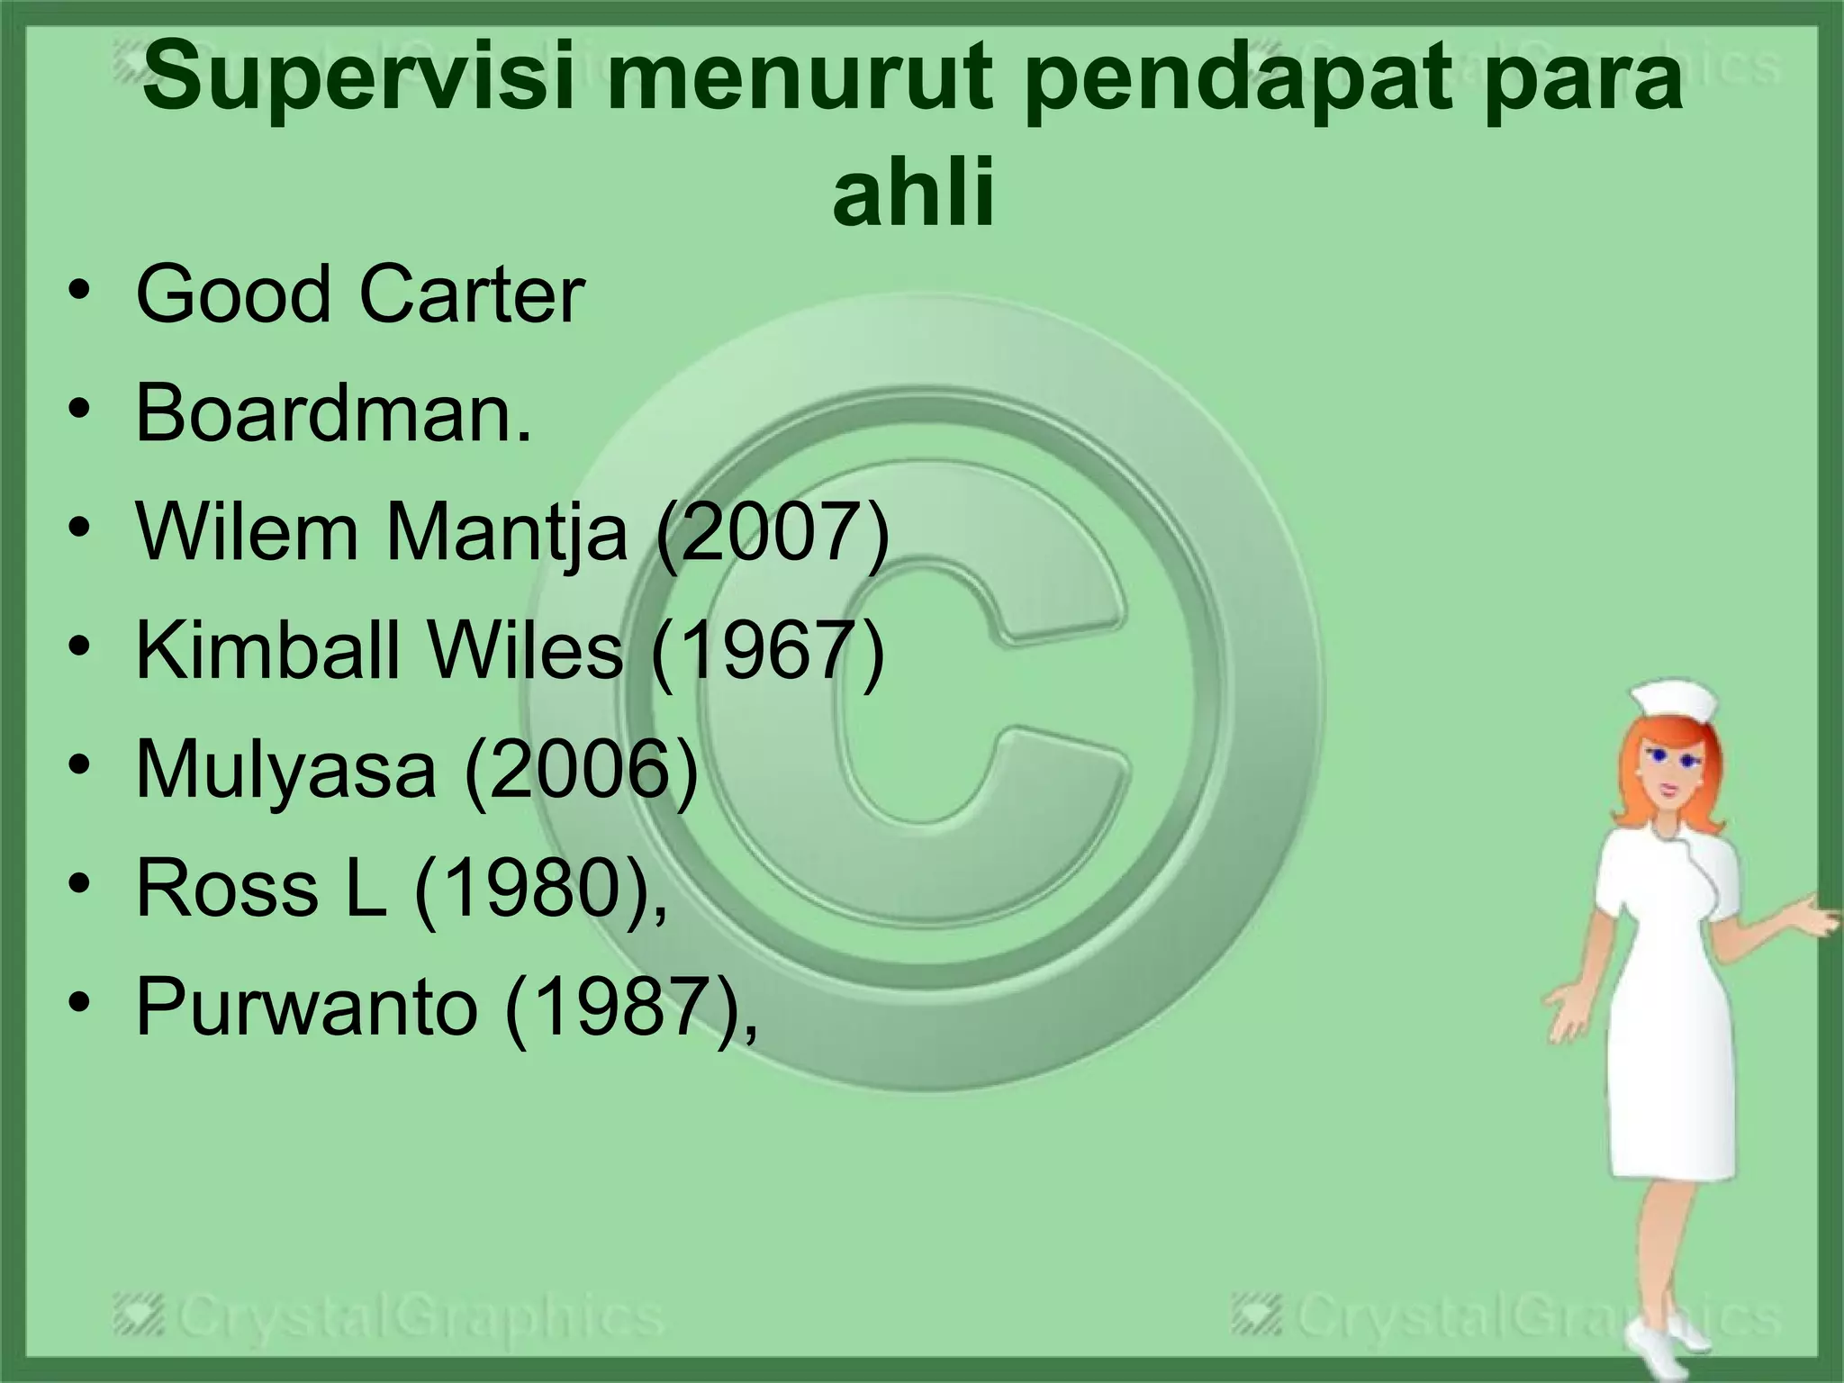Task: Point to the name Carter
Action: click(472, 294)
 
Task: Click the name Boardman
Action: click(333, 413)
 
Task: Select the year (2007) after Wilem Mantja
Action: click(773, 532)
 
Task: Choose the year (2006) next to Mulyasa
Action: click(582, 769)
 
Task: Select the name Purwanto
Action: click(306, 1006)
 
